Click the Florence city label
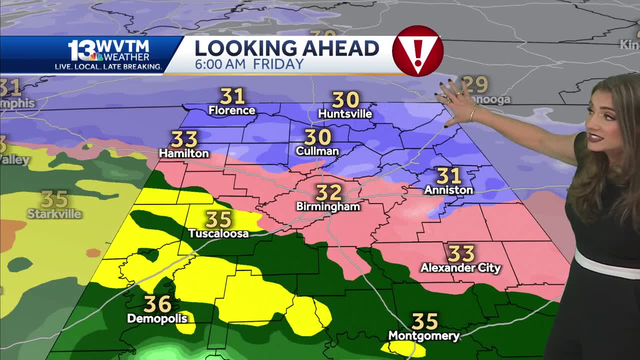click(x=231, y=110)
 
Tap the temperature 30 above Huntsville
click(x=345, y=99)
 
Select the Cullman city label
click(x=317, y=150)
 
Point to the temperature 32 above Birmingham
click(x=329, y=192)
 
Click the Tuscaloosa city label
click(x=218, y=233)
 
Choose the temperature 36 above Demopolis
click(x=157, y=304)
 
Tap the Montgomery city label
click(x=423, y=336)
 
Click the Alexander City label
click(x=460, y=268)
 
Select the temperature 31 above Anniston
click(x=448, y=176)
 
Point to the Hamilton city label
click(x=183, y=153)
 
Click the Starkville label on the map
click(x=54, y=214)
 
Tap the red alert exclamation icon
click(x=417, y=51)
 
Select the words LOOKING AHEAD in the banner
click(x=286, y=48)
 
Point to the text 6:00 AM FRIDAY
click(x=249, y=64)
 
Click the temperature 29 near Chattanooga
click(x=474, y=84)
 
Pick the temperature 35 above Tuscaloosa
click(x=218, y=219)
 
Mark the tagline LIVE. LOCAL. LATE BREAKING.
click(x=108, y=66)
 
